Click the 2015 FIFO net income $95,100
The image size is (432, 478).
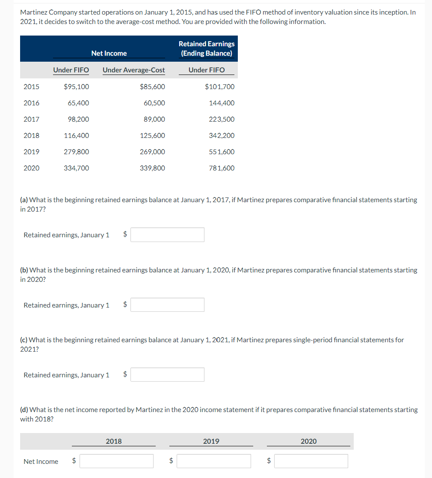76,87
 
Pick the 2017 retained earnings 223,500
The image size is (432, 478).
222,119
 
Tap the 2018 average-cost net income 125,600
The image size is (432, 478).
152,136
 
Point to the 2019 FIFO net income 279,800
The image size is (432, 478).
76,152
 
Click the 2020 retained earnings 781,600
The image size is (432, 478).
222,168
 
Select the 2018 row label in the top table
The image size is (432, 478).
31,136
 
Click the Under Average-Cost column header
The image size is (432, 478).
133,70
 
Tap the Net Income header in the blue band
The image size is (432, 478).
109,54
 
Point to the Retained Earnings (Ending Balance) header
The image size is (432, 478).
207,49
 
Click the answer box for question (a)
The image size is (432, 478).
167,235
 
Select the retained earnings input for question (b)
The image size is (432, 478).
167,305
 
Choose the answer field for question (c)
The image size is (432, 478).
167,375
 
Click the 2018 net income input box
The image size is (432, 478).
116,461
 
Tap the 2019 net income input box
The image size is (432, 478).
214,461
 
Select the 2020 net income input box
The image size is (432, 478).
311,461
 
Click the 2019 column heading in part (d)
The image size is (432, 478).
211,442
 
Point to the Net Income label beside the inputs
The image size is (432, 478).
41,462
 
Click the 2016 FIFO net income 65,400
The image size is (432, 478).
78,103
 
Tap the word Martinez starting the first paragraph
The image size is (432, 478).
34,12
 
